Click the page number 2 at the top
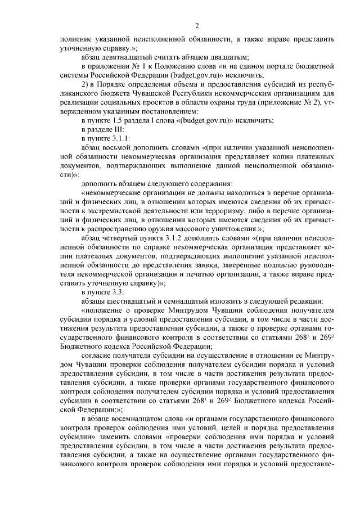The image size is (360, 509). tap(196, 25)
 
